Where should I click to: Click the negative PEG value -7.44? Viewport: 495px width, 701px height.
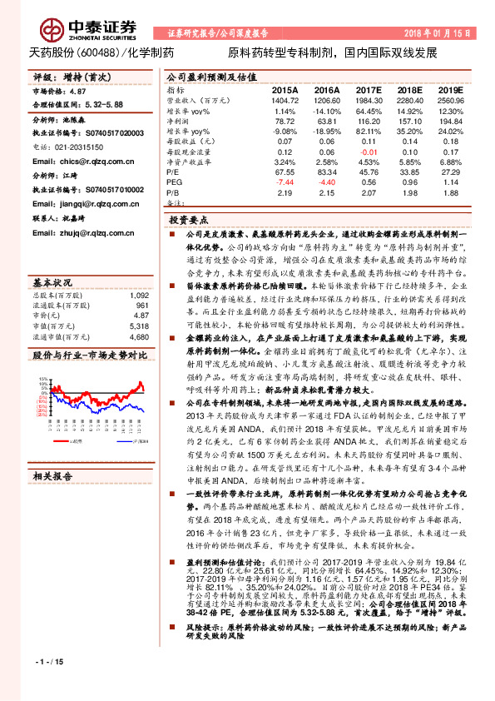pyautogui.click(x=285, y=181)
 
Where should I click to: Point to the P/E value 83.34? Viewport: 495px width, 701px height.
pyautogui.click(x=327, y=172)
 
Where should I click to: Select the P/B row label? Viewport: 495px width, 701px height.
pyautogui.click(x=173, y=192)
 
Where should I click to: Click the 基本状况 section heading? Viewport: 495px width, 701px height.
pyautogui.click(x=52, y=281)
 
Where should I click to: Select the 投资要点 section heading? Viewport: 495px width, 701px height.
pyautogui.click(x=187, y=221)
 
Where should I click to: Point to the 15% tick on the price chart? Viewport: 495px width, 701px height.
pyautogui.click(x=39, y=379)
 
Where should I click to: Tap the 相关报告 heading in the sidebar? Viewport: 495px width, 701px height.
pyautogui.click(x=52, y=475)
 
